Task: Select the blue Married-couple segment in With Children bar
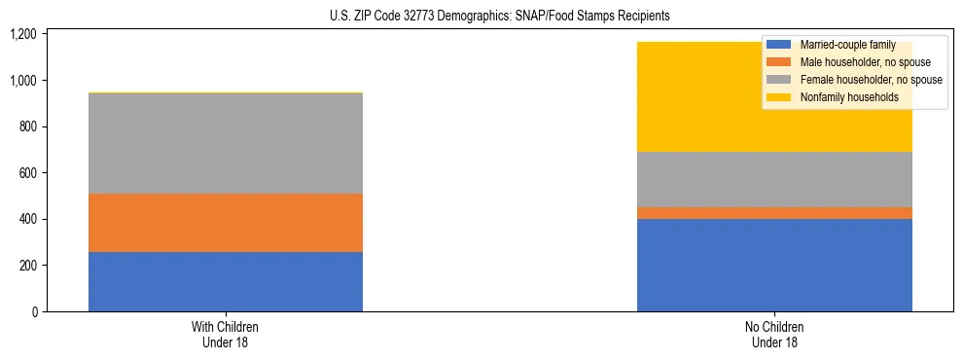point(226,281)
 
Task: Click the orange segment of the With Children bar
point(226,223)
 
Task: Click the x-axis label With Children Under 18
point(226,335)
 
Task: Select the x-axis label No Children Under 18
point(774,335)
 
